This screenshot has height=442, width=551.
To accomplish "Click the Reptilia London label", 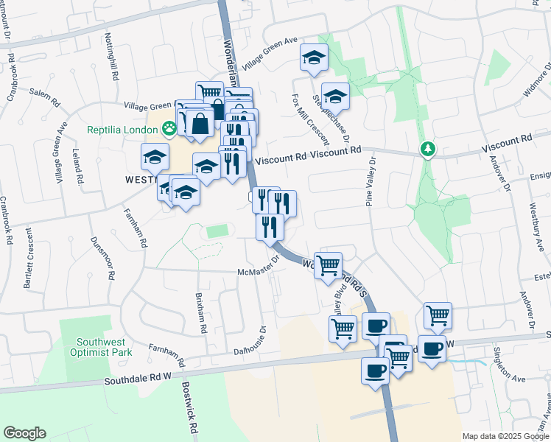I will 123,130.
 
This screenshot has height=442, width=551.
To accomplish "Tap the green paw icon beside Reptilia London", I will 170,130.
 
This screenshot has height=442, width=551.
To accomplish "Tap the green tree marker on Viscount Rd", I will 427,150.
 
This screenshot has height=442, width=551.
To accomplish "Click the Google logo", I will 24,433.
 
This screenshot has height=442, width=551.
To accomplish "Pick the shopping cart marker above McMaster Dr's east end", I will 328,264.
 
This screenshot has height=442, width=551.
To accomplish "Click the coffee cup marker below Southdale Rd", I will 375,370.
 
